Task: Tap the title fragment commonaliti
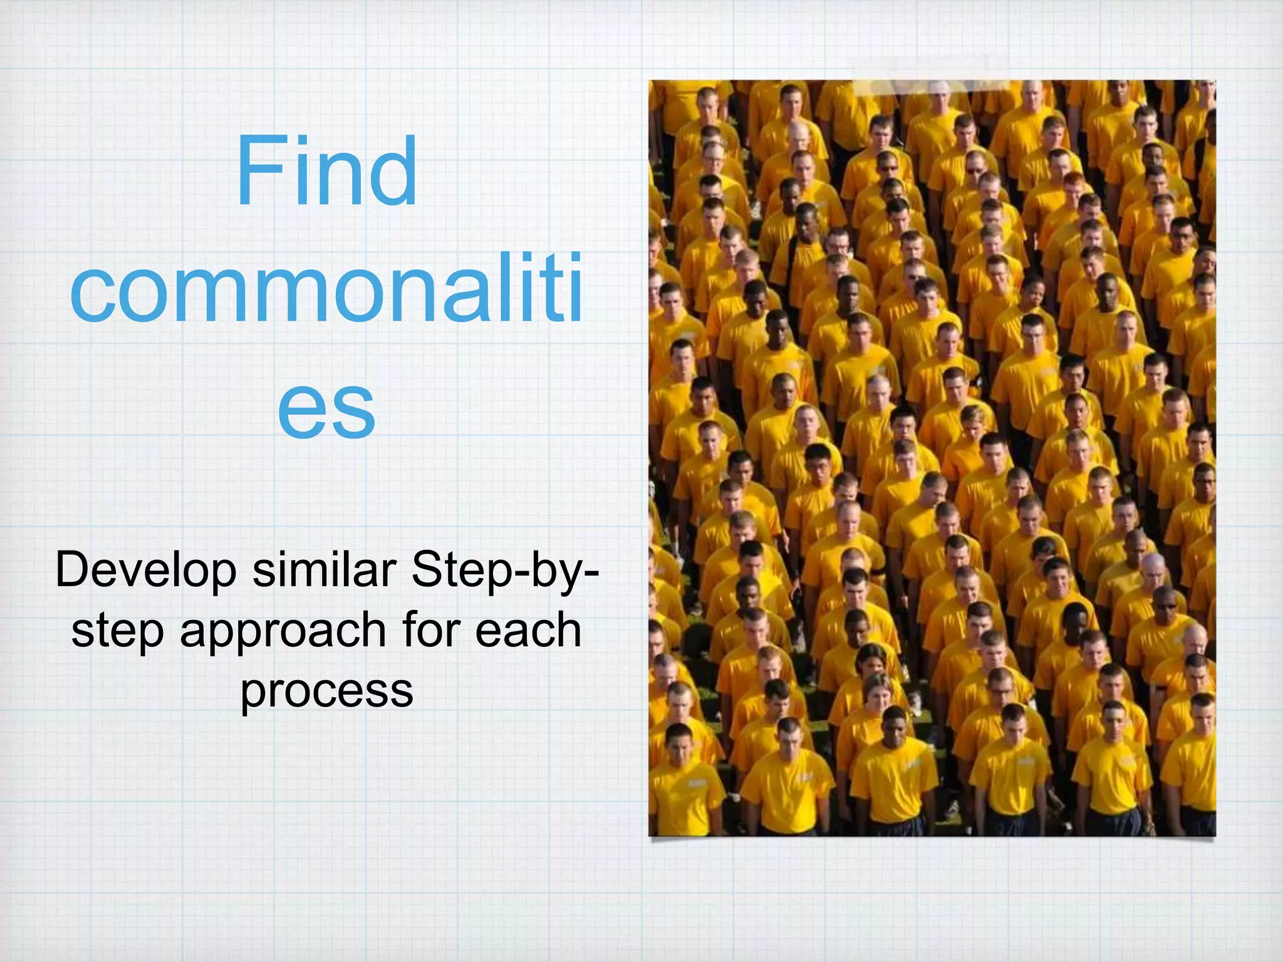pos(326,287)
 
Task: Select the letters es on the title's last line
pos(326,407)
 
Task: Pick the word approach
pos(283,631)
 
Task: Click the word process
pos(326,691)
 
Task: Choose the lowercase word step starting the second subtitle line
pos(118,631)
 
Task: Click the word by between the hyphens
pos(561,571)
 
